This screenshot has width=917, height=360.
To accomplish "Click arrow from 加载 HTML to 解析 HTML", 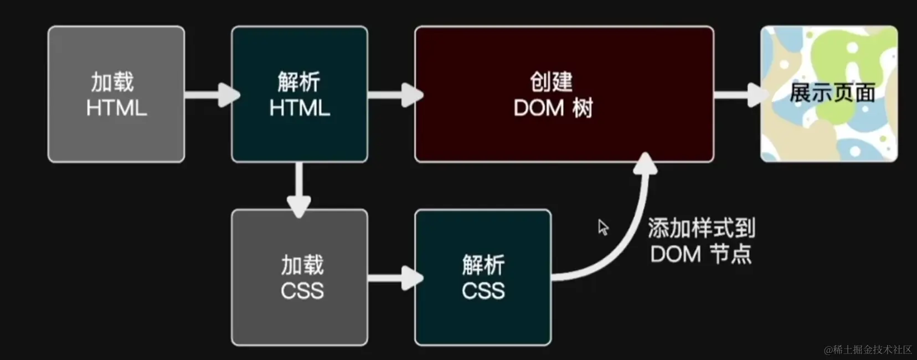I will tap(210, 95).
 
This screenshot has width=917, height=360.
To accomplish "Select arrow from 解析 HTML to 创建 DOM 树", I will tap(394, 95).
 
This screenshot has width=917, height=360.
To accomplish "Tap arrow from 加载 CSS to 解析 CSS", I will tap(394, 277).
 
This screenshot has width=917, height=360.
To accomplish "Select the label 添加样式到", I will tap(701, 228).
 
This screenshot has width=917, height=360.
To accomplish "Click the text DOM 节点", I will tap(701, 254).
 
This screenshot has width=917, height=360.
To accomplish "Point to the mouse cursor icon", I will tap(603, 227).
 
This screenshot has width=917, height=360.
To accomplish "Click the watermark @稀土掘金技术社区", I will tap(868, 349).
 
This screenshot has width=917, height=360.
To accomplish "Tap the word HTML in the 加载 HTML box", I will tap(116, 108).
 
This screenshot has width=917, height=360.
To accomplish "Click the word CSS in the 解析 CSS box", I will tap(483, 291).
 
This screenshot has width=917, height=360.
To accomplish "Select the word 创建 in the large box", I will tap(551, 82).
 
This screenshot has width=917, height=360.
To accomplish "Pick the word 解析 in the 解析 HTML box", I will tap(299, 82).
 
